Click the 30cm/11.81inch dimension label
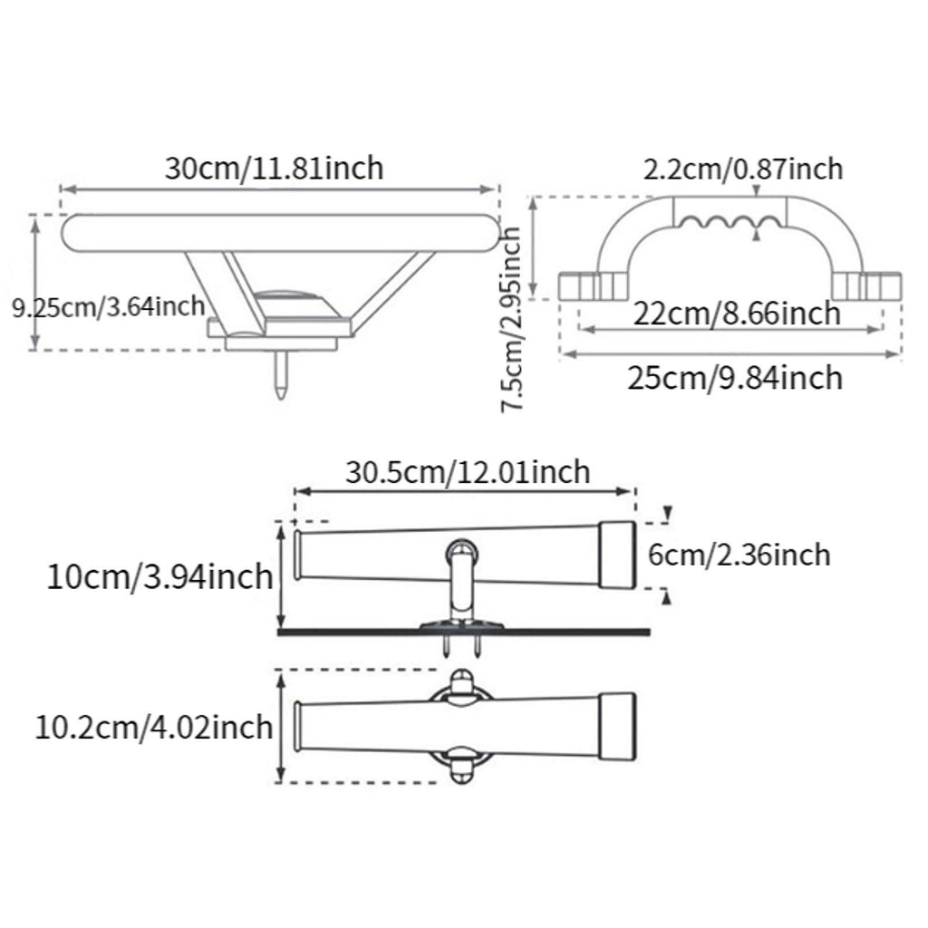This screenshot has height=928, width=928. (274, 168)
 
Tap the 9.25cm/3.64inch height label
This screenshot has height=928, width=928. (109, 307)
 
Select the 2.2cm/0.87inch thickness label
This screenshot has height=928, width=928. (743, 169)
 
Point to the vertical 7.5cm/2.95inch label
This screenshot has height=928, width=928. (511, 320)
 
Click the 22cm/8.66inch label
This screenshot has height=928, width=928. (737, 313)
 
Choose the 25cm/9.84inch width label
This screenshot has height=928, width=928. (735, 378)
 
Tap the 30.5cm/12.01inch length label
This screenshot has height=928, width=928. (468, 472)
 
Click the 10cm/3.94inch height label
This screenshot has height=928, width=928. (159, 577)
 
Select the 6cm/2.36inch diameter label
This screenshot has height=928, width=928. (739, 556)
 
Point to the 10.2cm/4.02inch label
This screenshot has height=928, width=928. (154, 728)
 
